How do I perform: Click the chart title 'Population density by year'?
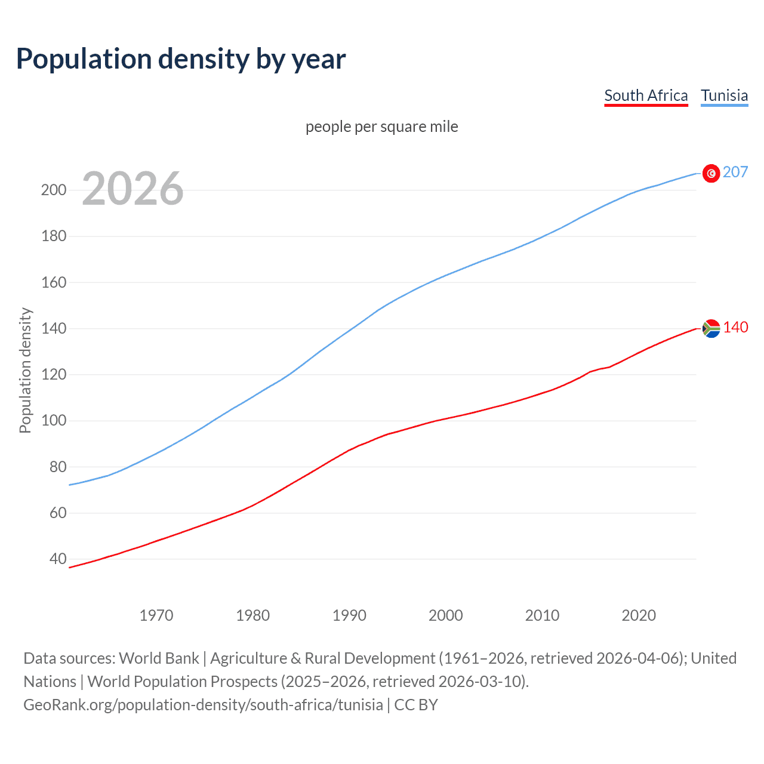181,59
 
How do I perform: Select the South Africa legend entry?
646,95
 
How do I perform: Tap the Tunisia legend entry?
724,95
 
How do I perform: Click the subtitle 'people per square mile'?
381,127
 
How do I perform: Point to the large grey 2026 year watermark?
133,189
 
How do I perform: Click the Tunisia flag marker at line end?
711,173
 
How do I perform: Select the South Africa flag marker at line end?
711,328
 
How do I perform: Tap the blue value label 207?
735,172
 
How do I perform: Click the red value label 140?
735,327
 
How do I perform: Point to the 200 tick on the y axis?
54,190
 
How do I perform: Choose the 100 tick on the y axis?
54,421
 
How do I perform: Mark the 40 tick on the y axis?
58,559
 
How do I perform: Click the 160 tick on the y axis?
54,282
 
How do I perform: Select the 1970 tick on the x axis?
156,615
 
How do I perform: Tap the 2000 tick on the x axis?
446,615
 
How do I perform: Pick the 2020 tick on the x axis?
639,615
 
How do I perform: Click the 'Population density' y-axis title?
25,370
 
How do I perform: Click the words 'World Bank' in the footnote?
159,658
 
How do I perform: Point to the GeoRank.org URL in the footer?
203,705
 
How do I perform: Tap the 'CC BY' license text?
416,705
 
